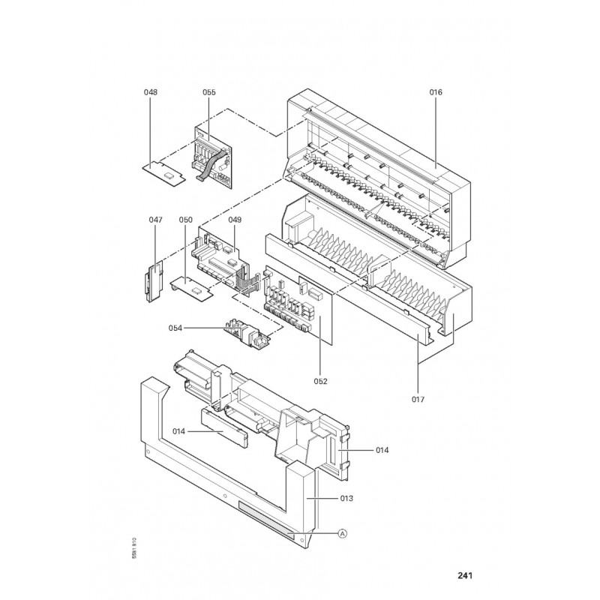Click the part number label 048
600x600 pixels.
[x=151, y=92]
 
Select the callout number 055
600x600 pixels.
[x=209, y=92]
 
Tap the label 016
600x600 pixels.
[x=436, y=92]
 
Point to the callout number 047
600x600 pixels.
[x=155, y=220]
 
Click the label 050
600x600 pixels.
[x=185, y=220]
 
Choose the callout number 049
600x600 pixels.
[x=235, y=220]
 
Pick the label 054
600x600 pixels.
[x=175, y=328]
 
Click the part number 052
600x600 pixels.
[x=321, y=381]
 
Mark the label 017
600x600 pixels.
[x=418, y=400]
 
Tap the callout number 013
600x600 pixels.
[x=346, y=498]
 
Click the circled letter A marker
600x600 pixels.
[x=343, y=533]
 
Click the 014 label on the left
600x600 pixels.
[x=178, y=432]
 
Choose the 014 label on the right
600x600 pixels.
[x=382, y=450]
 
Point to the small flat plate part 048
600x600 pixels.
[x=163, y=173]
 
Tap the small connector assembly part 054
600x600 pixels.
[x=250, y=331]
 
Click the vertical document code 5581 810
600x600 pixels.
[x=134, y=549]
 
